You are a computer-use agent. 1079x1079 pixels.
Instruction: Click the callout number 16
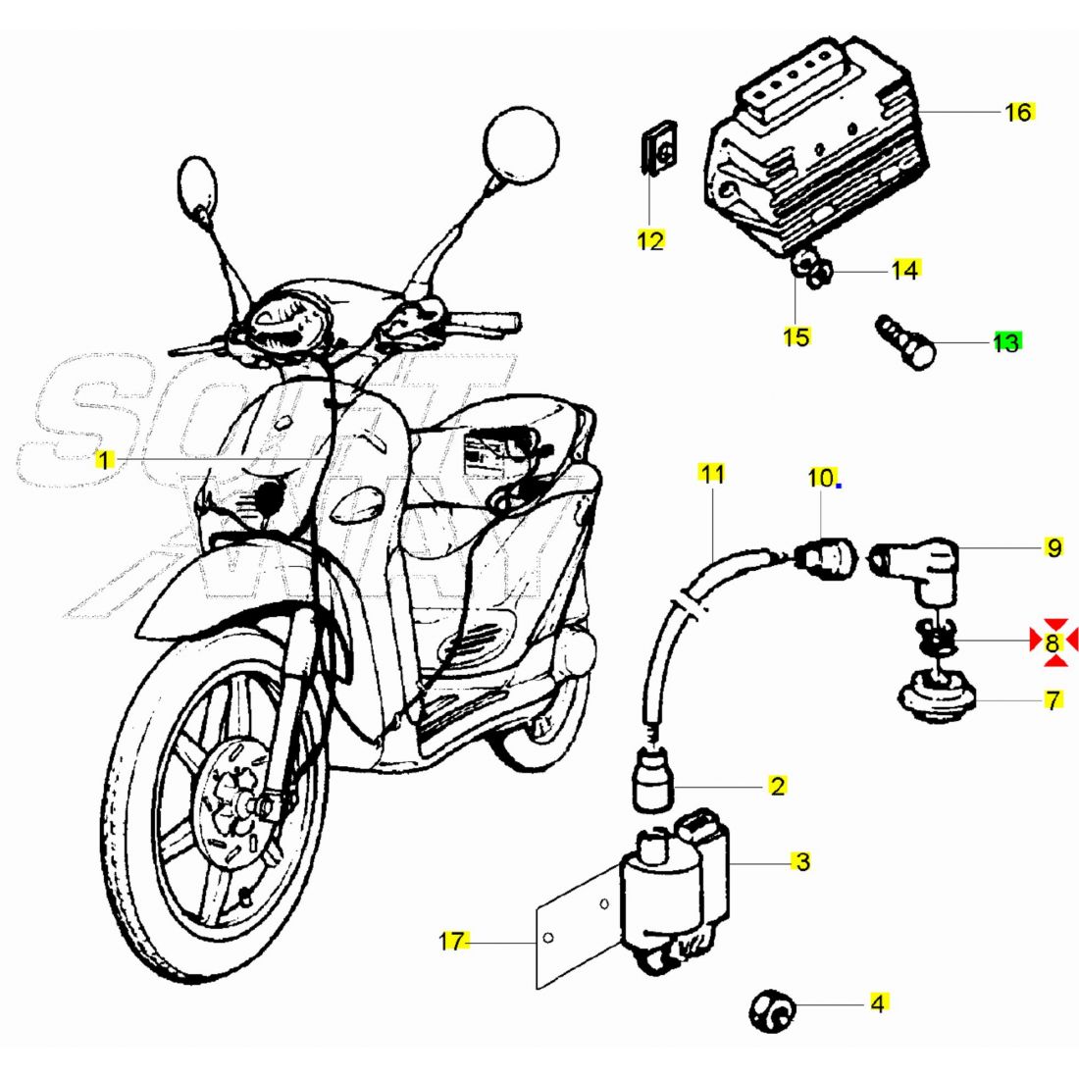[1019, 112]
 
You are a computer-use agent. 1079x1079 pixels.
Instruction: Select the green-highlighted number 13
[1006, 342]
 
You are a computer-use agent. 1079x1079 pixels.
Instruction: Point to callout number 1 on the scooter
[105, 458]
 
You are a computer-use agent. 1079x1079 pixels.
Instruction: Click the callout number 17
[452, 942]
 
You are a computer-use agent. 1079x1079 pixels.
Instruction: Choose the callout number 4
[878, 1003]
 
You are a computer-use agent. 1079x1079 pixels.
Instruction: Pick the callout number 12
[650, 240]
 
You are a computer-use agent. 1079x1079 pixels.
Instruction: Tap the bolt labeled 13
[905, 343]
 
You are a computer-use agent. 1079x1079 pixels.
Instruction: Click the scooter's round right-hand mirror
[522, 145]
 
